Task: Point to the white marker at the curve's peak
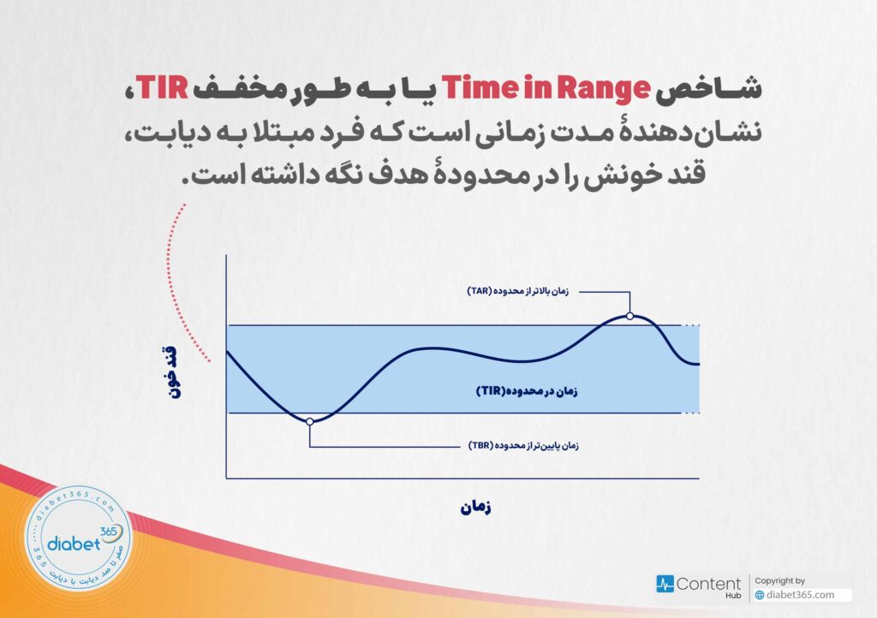pos(629,316)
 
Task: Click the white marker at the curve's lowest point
pos(309,421)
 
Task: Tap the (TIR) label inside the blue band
pos(527,390)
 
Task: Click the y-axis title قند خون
pos(170,371)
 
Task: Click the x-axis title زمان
pos(475,508)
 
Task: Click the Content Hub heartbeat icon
pos(665,584)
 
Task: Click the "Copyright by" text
pos(780,580)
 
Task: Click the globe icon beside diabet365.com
pos(760,595)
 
